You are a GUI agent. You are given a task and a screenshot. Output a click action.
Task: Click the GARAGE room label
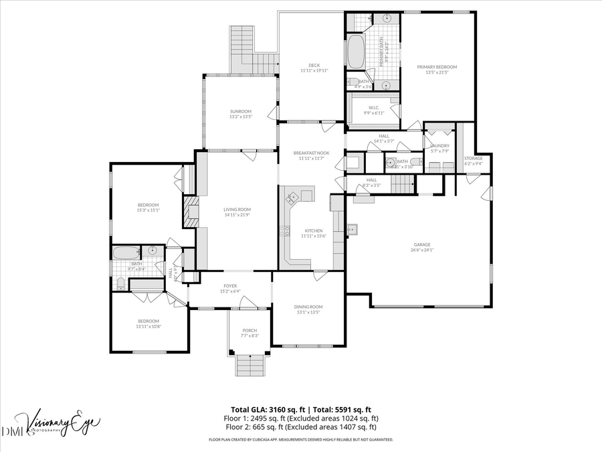[422, 245]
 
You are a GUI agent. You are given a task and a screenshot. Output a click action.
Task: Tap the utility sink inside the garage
[353, 230]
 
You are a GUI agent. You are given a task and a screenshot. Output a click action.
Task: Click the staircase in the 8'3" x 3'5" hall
[403, 183]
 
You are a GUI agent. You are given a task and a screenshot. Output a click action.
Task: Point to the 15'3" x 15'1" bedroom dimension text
[148, 210]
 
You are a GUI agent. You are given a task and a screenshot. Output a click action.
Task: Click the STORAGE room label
[473, 159]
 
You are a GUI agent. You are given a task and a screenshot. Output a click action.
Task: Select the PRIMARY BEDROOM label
[437, 67]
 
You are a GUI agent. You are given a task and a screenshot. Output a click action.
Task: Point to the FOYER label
[229, 286]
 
